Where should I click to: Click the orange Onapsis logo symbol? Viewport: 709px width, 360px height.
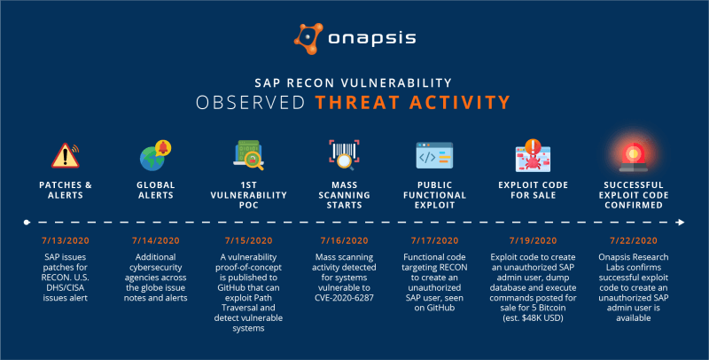pyautogui.click(x=308, y=39)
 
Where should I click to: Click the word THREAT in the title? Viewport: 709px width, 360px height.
pyautogui.click(x=358, y=103)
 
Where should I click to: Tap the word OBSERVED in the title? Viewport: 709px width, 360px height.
pyautogui.click(x=251, y=103)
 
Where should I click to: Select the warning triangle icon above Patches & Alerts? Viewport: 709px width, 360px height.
pyautogui.click(x=66, y=155)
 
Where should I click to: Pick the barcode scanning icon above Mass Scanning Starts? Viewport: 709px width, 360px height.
pyautogui.click(x=344, y=154)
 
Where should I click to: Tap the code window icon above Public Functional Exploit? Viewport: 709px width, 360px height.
pyautogui.click(x=434, y=155)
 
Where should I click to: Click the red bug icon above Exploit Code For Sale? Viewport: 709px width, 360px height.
pyautogui.click(x=534, y=155)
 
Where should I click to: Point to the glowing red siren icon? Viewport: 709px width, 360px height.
pyautogui.click(x=633, y=156)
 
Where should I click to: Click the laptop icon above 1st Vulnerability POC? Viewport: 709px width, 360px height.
pyautogui.click(x=249, y=155)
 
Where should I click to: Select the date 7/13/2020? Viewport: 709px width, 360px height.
pyautogui.click(x=66, y=241)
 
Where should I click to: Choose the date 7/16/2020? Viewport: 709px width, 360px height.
pyautogui.click(x=344, y=241)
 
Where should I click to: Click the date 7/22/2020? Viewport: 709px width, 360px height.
pyautogui.click(x=634, y=241)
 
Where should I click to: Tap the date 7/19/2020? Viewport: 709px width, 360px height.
pyautogui.click(x=534, y=241)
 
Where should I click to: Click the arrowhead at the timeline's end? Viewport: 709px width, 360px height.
pyautogui.click(x=681, y=222)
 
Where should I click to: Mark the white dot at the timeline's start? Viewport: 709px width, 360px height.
pyautogui.click(x=27, y=222)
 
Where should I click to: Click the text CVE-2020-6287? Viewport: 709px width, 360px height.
pyautogui.click(x=344, y=298)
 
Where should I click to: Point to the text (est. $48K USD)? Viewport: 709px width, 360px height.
pyautogui.click(x=534, y=318)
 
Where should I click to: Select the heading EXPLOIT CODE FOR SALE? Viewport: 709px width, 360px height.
pyautogui.click(x=534, y=190)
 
